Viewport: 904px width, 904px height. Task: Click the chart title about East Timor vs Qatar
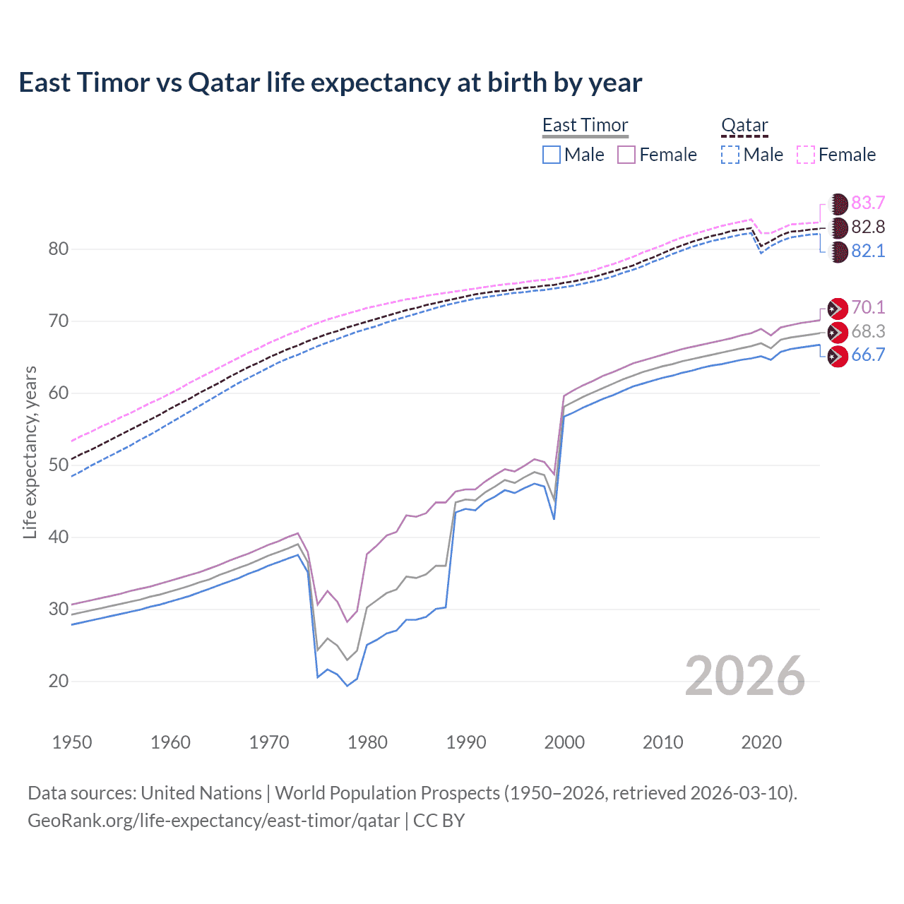coord(330,83)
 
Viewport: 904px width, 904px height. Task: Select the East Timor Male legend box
coord(552,155)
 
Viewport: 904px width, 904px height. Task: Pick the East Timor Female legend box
coord(626,155)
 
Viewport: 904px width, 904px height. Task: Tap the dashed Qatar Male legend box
coord(730,155)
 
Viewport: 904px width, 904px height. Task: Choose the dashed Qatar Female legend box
coord(806,155)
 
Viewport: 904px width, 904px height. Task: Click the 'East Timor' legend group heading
coord(585,125)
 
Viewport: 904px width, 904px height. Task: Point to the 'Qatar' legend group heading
coord(744,125)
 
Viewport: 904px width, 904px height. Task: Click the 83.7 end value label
coord(868,203)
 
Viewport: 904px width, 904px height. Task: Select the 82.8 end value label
coord(868,227)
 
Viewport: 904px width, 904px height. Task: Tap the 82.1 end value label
coord(868,251)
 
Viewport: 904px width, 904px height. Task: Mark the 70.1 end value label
coord(868,308)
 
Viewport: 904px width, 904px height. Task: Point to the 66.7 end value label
coord(868,355)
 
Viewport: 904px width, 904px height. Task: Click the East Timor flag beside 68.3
coord(837,332)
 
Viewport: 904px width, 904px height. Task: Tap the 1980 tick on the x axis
coord(367,742)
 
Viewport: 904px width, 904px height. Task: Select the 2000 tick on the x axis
coord(564,742)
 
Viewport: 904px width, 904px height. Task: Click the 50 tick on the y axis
coord(59,465)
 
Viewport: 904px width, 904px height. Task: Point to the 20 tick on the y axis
coord(59,682)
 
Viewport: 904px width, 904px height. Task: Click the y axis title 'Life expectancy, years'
coord(30,452)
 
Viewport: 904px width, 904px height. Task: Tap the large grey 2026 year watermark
coord(744,677)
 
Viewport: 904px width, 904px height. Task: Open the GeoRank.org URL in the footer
coord(213,821)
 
